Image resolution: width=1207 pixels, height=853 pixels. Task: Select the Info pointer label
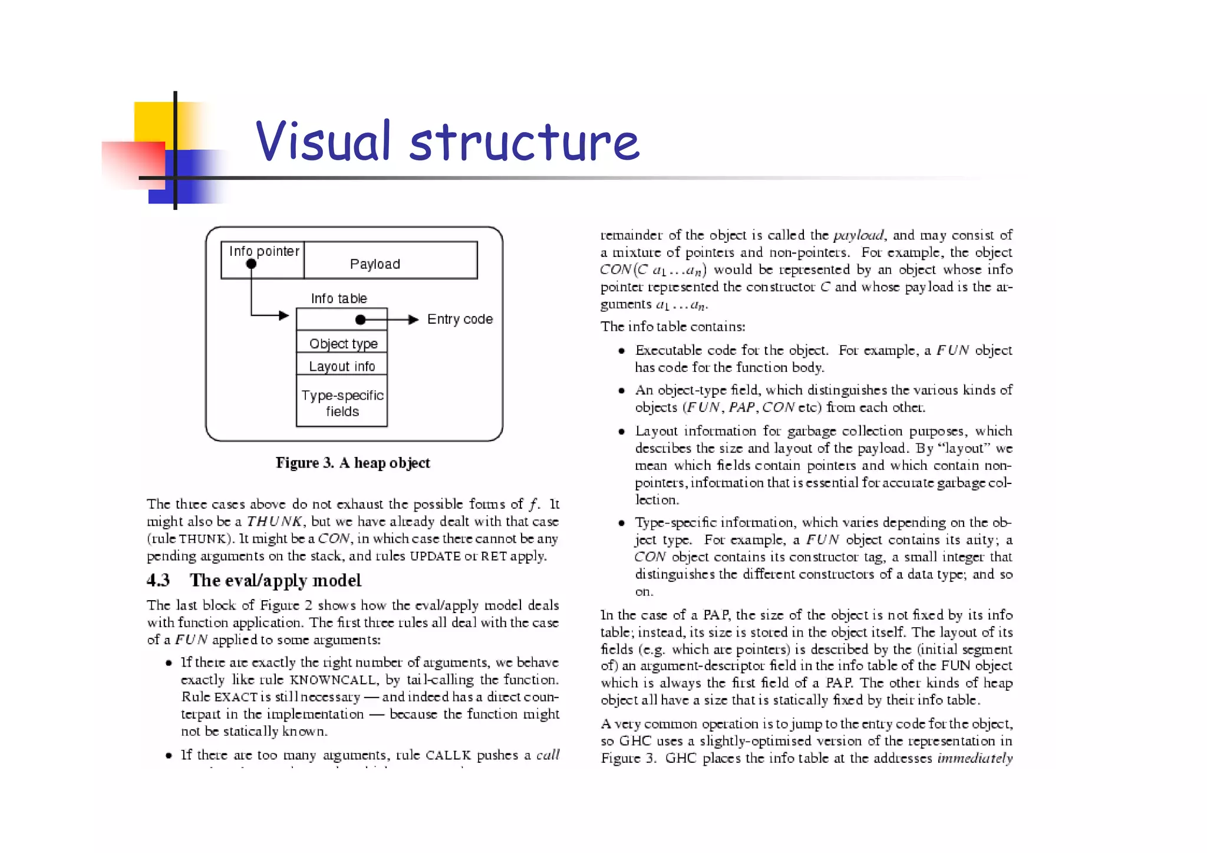tap(264, 251)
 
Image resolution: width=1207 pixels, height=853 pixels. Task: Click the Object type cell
tap(342, 343)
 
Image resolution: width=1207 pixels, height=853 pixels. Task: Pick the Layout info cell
tap(342, 366)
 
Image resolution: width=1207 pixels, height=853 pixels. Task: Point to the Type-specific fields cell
tap(342, 403)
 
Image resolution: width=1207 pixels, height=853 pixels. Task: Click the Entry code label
tap(460, 319)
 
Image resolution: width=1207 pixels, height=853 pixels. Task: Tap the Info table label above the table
tap(339, 298)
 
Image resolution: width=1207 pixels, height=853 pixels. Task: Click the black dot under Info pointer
tap(251, 264)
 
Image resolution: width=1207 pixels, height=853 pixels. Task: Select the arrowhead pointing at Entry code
tap(414, 320)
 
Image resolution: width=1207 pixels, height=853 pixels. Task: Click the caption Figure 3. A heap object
tap(352, 463)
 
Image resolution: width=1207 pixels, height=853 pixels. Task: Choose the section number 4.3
tap(158, 580)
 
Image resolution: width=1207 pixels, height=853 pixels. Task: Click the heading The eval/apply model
tap(275, 580)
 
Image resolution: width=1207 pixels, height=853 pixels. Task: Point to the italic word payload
tap(858, 235)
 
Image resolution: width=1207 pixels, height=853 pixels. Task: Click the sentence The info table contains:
tap(672, 327)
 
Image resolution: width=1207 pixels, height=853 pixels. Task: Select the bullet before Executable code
tap(621, 351)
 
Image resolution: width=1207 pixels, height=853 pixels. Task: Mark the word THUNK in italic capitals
tap(274, 521)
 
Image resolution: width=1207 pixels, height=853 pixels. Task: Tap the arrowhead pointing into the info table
tap(284, 315)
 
